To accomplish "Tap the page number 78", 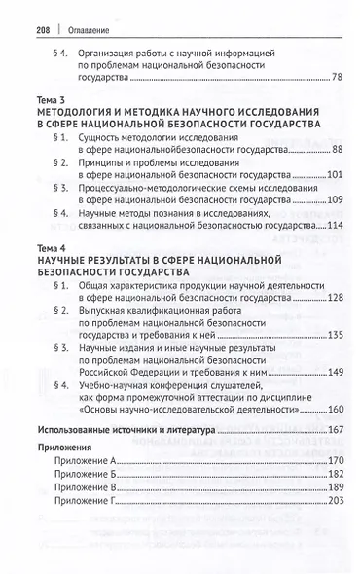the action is point(336,76).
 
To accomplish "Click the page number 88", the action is point(336,150).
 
